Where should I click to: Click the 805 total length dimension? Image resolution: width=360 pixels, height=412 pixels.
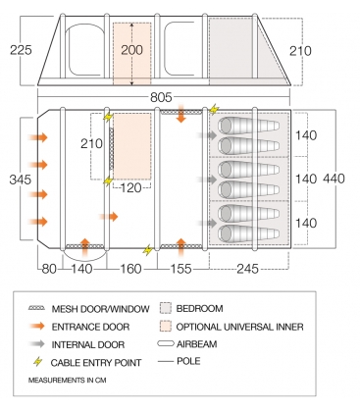[161, 97]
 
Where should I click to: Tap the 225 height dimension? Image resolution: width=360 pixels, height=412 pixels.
[21, 50]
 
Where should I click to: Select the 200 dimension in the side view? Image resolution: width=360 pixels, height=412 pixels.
[132, 50]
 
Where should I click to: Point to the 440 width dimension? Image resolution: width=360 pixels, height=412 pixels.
[334, 179]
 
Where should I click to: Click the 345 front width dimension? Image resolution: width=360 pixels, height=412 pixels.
[21, 180]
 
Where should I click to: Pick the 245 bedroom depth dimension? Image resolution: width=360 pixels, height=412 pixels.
[247, 269]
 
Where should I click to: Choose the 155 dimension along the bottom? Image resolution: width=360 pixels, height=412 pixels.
[180, 269]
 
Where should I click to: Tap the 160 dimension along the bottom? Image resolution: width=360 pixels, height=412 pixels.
[131, 269]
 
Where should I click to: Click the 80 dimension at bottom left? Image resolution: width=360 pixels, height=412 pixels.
[49, 269]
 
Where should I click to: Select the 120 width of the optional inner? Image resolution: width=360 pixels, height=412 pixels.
[131, 188]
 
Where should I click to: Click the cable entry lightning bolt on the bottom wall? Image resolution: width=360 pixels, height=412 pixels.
[148, 250]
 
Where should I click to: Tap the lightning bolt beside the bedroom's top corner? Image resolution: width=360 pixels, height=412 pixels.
[214, 109]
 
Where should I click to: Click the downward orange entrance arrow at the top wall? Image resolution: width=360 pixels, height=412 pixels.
[180, 114]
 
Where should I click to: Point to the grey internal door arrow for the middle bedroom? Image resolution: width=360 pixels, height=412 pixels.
[207, 180]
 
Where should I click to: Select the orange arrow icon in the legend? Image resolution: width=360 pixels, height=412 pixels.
[36, 326]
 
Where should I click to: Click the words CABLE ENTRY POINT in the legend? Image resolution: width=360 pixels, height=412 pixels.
[96, 363]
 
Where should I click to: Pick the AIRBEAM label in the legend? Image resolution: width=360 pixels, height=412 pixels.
[196, 344]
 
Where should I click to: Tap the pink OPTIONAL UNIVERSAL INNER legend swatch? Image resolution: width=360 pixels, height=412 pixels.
[166, 326]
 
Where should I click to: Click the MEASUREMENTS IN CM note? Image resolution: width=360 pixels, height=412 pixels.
[67, 381]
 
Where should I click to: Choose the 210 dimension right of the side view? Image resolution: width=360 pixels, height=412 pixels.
[300, 51]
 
